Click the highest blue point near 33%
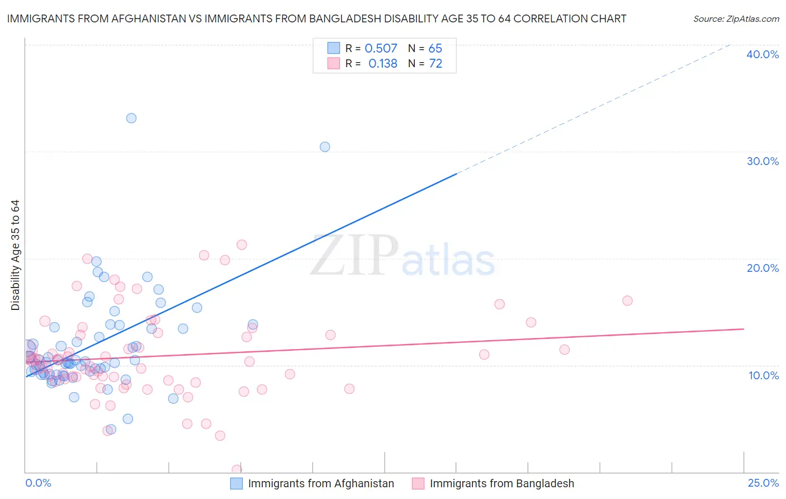click(131, 118)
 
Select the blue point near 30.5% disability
click(325, 147)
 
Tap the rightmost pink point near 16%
click(627, 300)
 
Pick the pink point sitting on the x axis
click(237, 469)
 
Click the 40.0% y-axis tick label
click(763, 54)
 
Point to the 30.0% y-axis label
click(763, 161)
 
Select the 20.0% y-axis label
click(763, 268)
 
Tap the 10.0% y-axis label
click(764, 375)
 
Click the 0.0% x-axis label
click(38, 483)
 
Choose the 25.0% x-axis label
click(763, 483)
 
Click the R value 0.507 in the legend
click(381, 49)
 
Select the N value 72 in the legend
click(435, 64)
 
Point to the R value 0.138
click(383, 64)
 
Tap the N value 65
click(435, 49)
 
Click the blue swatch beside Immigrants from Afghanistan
click(236, 483)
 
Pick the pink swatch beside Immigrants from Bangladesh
click(418, 483)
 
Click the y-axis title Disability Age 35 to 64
click(15, 255)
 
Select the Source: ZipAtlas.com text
click(736, 19)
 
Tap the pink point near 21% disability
click(242, 244)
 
